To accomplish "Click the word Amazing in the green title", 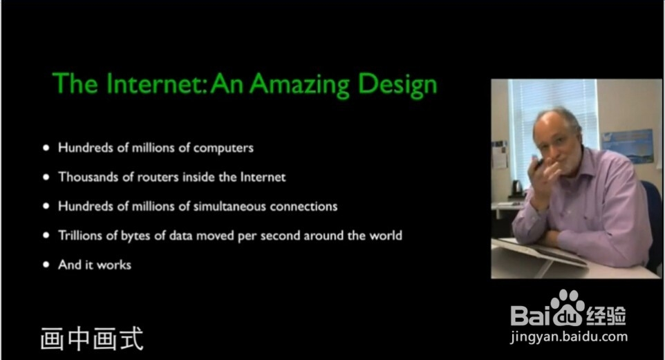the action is tap(299, 85).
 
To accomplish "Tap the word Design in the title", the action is tap(397, 85).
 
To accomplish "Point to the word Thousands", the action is tap(88, 177).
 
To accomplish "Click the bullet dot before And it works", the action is tap(46, 265).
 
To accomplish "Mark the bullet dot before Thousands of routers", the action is tap(46, 178).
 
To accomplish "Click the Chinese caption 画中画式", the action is tap(92, 339).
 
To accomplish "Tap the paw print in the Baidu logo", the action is tap(568, 307).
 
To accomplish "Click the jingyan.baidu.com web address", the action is tap(569, 337).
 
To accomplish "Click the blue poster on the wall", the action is tap(627, 146).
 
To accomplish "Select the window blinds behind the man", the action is tap(552, 123).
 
